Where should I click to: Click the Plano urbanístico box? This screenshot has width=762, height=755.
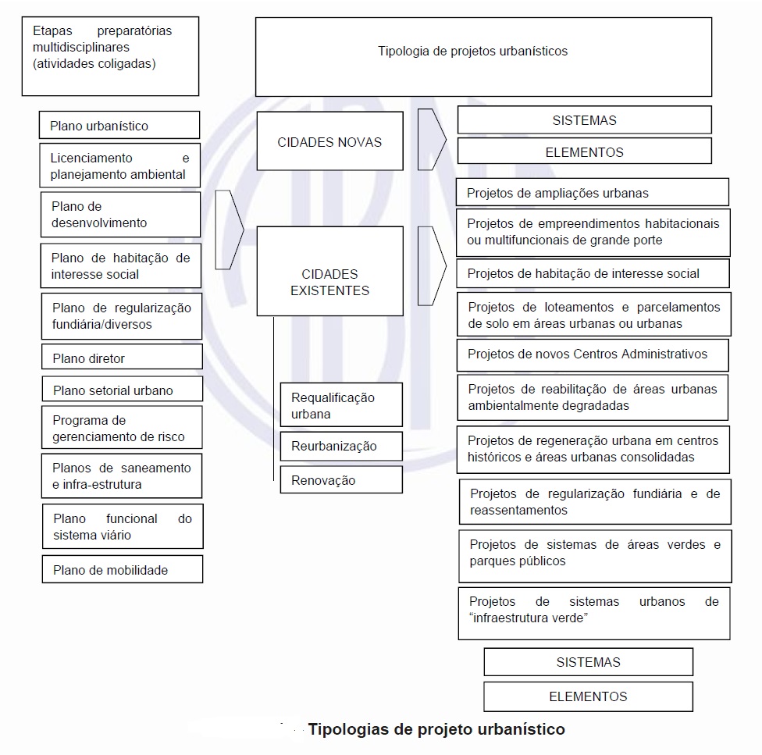(x=119, y=126)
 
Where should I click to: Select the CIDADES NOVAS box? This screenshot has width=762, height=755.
(x=319, y=142)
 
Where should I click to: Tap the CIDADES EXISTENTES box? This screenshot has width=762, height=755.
(x=329, y=283)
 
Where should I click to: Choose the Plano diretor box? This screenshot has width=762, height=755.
(x=122, y=358)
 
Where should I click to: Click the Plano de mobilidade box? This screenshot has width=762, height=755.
(x=123, y=570)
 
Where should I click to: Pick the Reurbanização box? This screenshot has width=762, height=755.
(x=341, y=447)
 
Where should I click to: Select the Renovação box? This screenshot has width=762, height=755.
(x=341, y=480)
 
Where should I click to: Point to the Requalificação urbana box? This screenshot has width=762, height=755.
(x=341, y=405)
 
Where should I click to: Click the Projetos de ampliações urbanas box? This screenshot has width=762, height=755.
(x=593, y=193)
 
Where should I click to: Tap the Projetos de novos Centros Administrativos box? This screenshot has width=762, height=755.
(x=593, y=354)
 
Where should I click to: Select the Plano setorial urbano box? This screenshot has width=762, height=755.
(x=122, y=390)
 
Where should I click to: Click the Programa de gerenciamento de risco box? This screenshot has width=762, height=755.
(x=122, y=428)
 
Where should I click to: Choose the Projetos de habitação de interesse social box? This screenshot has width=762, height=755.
(x=593, y=273)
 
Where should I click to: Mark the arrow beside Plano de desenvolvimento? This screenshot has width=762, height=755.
(x=229, y=230)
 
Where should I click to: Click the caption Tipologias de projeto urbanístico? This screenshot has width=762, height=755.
(x=436, y=730)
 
